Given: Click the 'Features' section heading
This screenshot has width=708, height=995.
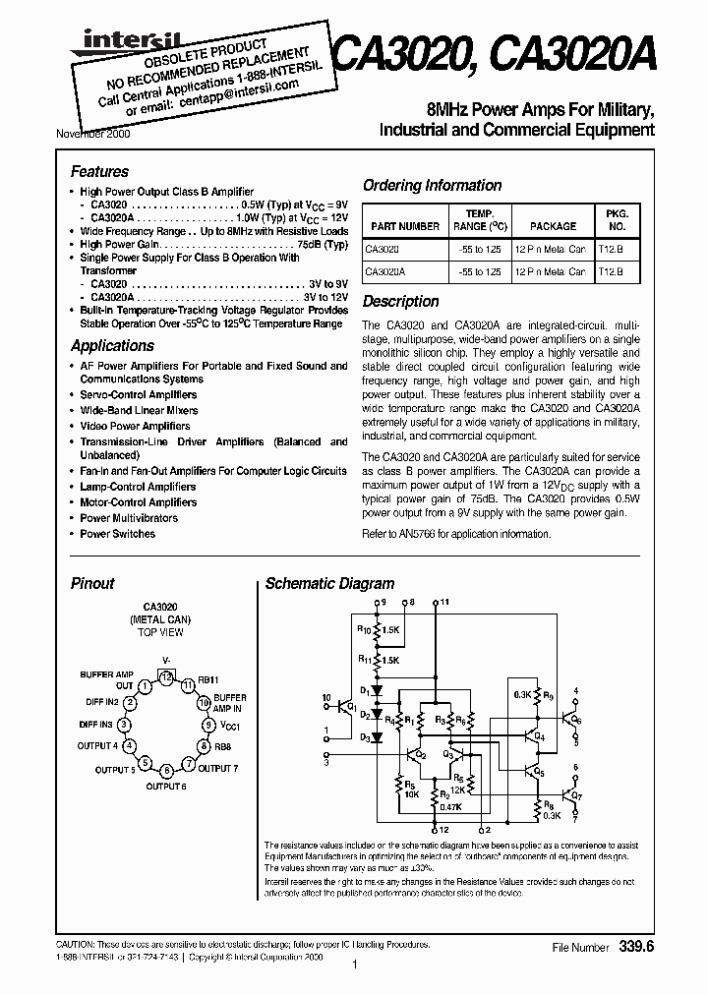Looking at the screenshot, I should click(99, 171).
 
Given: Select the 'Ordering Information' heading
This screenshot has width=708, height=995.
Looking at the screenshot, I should click(432, 185).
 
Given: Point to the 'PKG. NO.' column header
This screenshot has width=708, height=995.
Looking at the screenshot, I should click(616, 219).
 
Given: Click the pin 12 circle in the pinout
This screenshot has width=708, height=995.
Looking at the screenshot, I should click(166, 677).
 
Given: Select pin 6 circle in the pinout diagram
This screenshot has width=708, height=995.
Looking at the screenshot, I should click(166, 770).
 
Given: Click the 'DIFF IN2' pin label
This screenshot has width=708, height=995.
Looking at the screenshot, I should click(99, 702).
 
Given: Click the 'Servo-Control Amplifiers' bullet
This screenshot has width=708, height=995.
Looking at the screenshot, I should click(139, 394).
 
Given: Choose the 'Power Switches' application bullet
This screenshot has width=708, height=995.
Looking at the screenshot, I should click(117, 534).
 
